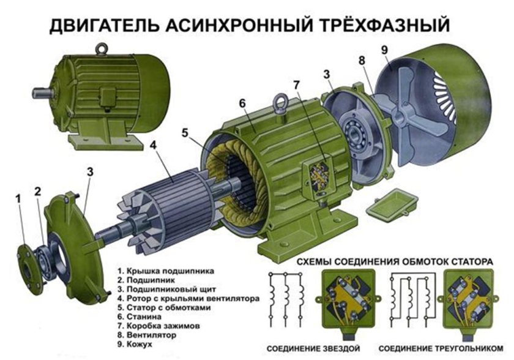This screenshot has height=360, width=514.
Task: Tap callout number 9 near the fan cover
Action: point(384,50)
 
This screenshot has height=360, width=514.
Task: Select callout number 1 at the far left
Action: point(18,198)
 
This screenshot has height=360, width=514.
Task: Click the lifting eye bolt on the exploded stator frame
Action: point(282,100)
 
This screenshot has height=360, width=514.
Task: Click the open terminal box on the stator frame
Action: point(319,173)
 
